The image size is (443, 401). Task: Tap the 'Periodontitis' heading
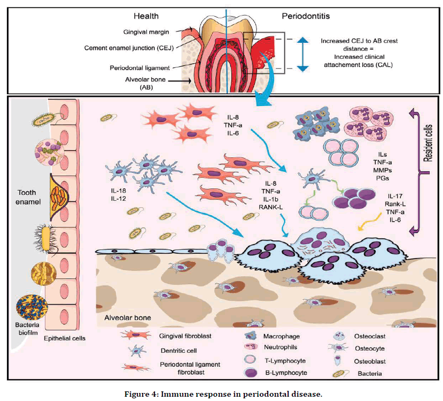point(305,16)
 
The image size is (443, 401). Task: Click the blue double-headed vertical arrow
point(302,54)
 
